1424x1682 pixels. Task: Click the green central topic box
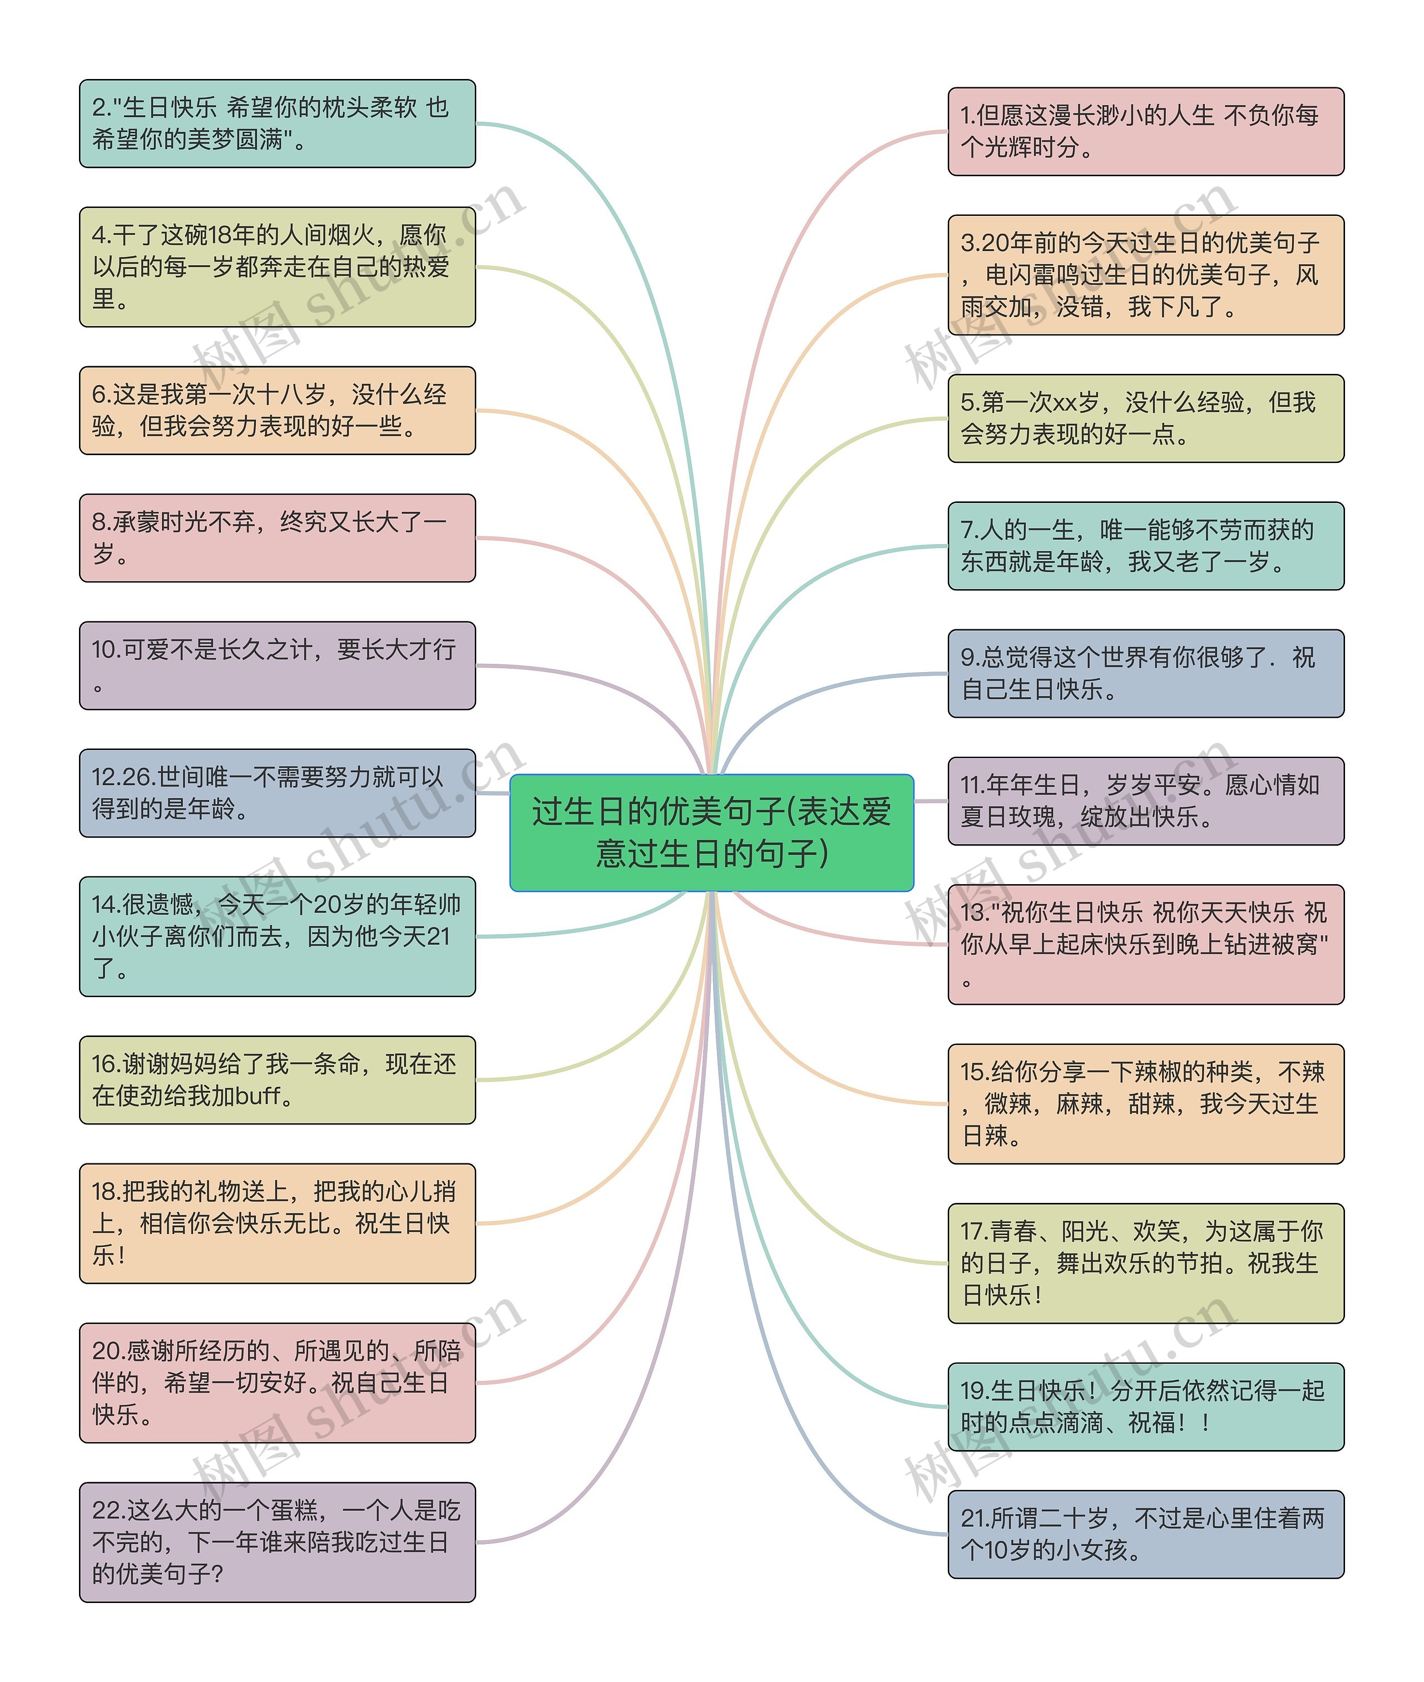tap(711, 832)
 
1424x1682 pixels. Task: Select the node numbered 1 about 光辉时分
tap(1145, 132)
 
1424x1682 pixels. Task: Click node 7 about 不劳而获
tap(1145, 546)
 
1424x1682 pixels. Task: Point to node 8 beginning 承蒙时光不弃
tap(277, 538)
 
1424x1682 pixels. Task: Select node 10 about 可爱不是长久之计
tap(277, 665)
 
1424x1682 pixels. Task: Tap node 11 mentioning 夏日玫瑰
tap(1145, 801)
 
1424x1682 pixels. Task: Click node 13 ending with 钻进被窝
tap(1145, 944)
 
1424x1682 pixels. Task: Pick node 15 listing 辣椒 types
tap(1145, 1104)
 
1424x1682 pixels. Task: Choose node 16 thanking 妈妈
tap(277, 1079)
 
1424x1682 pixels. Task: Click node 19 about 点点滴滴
tap(1145, 1407)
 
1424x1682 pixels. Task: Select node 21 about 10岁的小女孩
tap(1145, 1534)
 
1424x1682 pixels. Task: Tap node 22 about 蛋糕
tap(277, 1542)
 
